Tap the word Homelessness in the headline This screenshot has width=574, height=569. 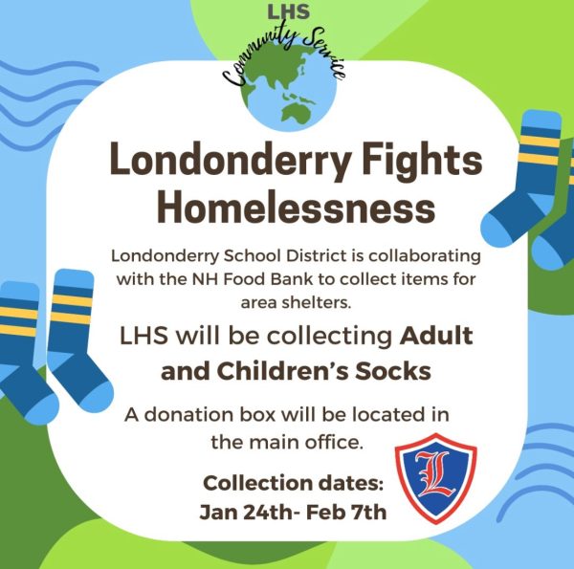pos(297,208)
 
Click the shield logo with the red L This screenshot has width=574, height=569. pos(435,478)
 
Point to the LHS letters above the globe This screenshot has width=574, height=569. pos(289,11)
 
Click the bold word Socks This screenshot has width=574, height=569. pos(393,371)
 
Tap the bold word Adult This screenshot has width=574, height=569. pos(436,336)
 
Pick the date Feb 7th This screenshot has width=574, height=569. pos(346,512)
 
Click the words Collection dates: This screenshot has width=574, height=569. pos(293,483)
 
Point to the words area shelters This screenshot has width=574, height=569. pos(296,303)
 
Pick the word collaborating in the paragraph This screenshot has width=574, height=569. pos(425,256)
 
